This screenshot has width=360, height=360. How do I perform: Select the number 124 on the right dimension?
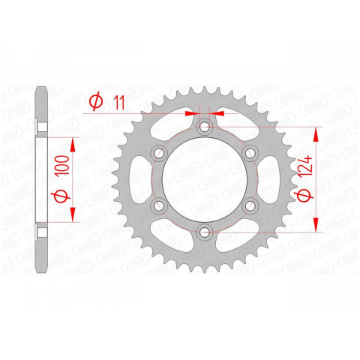click(304, 161)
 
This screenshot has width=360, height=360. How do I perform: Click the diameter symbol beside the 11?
click(95, 101)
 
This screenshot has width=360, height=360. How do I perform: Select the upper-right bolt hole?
click(250, 154)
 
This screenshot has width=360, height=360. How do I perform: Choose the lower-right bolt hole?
click(250, 207)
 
